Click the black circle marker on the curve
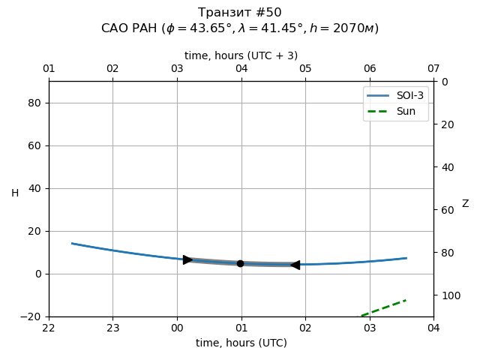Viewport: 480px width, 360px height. [x=240, y=263]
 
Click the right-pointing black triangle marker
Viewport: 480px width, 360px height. [x=187, y=259]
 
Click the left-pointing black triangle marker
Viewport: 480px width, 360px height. [x=295, y=265]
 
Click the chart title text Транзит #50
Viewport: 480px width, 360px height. [x=240, y=13]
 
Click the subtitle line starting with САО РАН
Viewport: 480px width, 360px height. [x=240, y=28]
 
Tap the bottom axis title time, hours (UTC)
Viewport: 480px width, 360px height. [x=241, y=343]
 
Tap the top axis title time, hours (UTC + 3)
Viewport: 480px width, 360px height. [x=241, y=55]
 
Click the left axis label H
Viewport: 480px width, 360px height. [x=15, y=193]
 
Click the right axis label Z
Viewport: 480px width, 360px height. [x=465, y=204]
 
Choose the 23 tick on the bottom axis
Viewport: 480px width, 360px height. [x=112, y=328]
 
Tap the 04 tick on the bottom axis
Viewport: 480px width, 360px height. [x=433, y=328]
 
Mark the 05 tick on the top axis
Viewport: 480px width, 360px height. [x=305, y=69]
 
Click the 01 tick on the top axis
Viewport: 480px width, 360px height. [x=49, y=69]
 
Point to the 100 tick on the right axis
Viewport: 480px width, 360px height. [x=448, y=295]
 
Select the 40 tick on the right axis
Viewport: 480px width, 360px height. [x=445, y=167]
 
